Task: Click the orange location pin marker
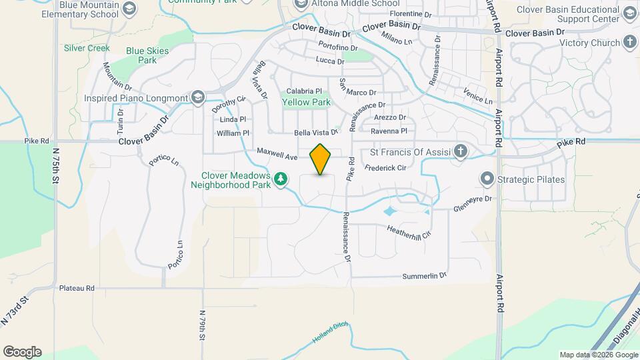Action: point(321,159)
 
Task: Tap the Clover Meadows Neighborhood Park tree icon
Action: point(282,178)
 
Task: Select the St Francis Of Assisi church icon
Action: point(460,151)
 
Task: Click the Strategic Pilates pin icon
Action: point(487,179)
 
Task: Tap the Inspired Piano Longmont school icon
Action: point(197,98)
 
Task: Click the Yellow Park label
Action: point(306,103)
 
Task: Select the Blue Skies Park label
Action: point(141,55)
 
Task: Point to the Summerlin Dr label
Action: point(424,276)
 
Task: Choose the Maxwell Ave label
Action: point(277,154)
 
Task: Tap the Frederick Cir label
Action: point(385,167)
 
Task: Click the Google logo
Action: point(21,351)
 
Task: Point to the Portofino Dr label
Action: point(338,48)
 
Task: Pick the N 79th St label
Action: point(202,325)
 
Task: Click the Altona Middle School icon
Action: point(301,4)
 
